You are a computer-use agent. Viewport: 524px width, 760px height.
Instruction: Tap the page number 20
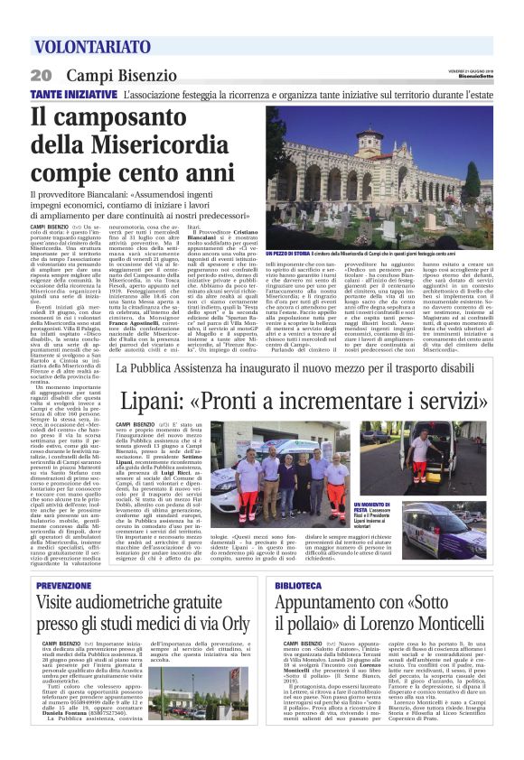tap(41, 76)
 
